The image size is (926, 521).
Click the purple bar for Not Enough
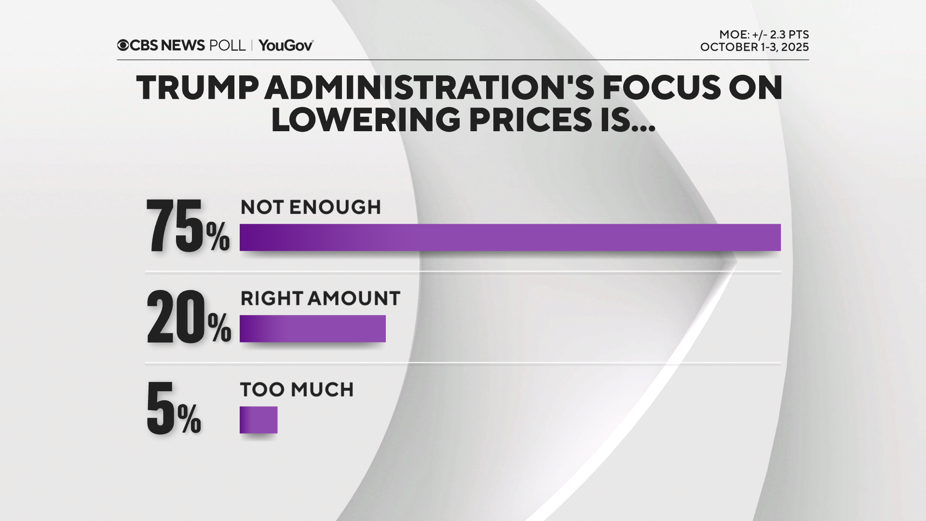click(510, 237)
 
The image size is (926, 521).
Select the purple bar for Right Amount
click(313, 329)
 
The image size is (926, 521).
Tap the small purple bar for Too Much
click(259, 420)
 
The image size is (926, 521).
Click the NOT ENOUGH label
click(311, 207)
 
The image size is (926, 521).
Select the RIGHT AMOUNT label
click(320, 299)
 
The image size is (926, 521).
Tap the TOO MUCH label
click(297, 390)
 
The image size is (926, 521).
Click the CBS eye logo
click(123, 45)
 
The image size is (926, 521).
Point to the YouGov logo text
click(286, 45)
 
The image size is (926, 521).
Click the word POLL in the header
click(227, 45)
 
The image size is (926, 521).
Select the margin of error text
click(764, 35)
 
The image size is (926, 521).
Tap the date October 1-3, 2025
click(754, 47)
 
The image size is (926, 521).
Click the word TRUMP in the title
click(197, 88)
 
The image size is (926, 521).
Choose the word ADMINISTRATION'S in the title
click(430, 88)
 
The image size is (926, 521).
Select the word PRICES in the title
click(530, 120)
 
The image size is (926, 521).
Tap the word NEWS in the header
click(183, 45)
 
